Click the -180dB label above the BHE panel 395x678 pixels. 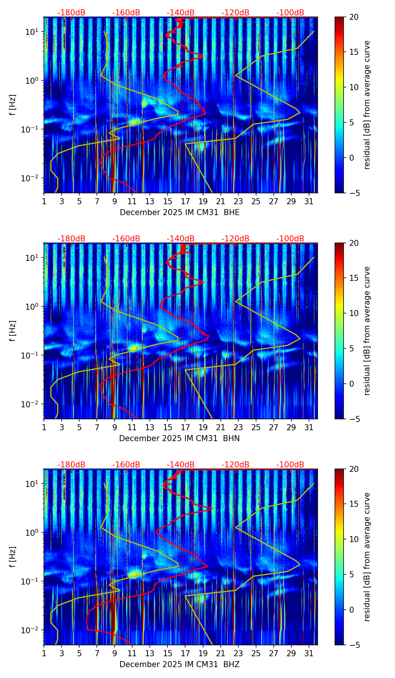pos(71,13)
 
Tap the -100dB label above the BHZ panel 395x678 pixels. pos(290,465)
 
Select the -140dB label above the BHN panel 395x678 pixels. pos(181,239)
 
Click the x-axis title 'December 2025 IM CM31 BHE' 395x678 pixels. pos(179,212)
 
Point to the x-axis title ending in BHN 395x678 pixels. pos(179,438)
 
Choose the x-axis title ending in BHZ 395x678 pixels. pos(179,664)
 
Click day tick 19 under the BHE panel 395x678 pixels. pos(203,202)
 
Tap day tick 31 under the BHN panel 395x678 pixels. pos(309,428)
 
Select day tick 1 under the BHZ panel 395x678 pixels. pos(44,654)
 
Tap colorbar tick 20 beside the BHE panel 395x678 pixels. pos(354,17)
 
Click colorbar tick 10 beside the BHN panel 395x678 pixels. pos(354,313)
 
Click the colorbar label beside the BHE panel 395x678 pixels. pos(367,105)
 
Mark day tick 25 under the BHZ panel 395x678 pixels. pos(256,654)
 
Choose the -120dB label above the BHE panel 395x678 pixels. pos(235,13)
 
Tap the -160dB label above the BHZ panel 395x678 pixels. pos(126,465)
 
